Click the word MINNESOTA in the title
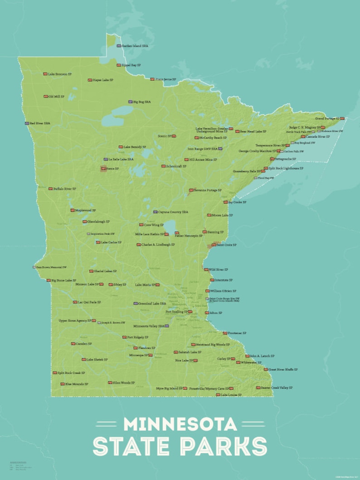[x=180, y=424]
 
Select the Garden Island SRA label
[x=135, y=46]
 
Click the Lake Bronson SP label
[x=60, y=74]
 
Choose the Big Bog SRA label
[x=141, y=102]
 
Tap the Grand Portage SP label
[x=327, y=118]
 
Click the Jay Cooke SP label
[x=237, y=202]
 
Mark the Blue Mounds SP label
[x=76, y=384]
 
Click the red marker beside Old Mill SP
[x=45, y=97]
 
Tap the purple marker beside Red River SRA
[x=27, y=123]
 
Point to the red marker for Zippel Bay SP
[x=119, y=65]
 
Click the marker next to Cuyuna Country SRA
[x=155, y=212]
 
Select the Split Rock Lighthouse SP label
[x=286, y=168]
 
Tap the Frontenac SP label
[x=237, y=333]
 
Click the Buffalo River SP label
[x=64, y=189]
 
